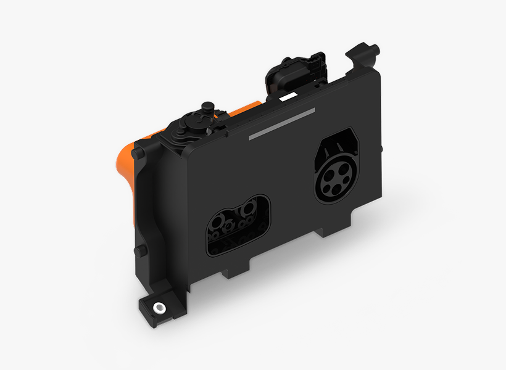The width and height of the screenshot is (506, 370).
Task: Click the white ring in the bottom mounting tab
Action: click(160, 306)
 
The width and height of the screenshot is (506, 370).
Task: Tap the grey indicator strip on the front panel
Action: click(281, 125)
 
